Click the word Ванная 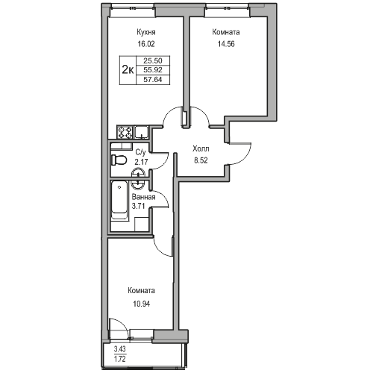(x=144, y=197)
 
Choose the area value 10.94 (x=141, y=302)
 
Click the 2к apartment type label (x=128, y=69)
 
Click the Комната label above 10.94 (x=141, y=291)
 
